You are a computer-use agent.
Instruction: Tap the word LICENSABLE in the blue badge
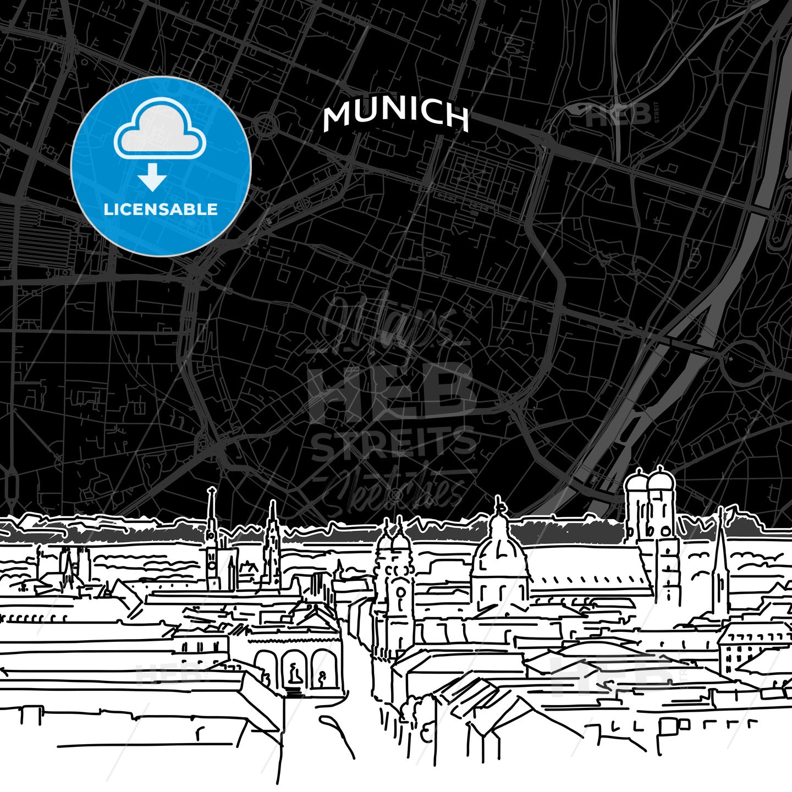tap(161, 210)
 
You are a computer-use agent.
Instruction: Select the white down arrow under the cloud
tap(152, 179)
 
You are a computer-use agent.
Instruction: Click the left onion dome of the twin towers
tap(637, 484)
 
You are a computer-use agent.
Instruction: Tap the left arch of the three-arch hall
tap(266, 668)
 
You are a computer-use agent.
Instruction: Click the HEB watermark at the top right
tap(619, 115)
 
